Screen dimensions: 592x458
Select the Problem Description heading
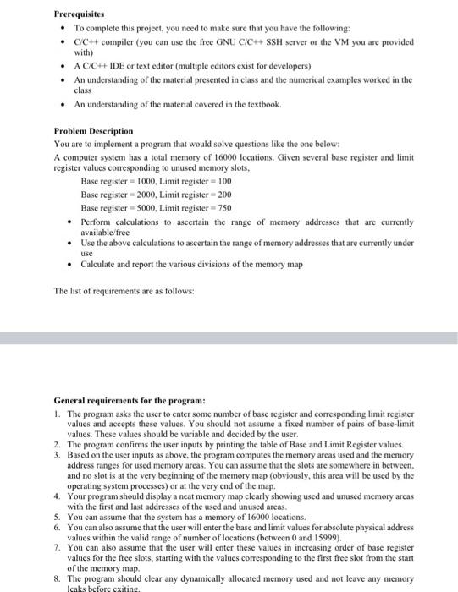click(x=93, y=131)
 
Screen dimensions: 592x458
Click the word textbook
click(x=260, y=104)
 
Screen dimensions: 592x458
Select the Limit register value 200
click(x=223, y=195)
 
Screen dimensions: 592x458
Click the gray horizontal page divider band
click(x=229, y=337)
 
